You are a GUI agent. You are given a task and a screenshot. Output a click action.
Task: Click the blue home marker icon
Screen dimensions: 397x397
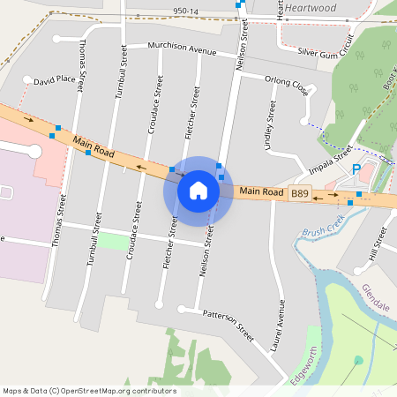pos(198,190)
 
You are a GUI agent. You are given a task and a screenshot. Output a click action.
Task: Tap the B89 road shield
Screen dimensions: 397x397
pos(301,193)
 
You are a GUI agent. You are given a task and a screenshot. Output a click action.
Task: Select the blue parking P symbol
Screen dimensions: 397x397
pos(356,169)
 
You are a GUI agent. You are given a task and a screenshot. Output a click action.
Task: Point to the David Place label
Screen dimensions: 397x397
pos(55,79)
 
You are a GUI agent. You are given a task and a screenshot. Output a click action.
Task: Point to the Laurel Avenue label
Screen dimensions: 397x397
pos(282,324)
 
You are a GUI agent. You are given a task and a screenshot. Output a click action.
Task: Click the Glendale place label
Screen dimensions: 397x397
pos(375,296)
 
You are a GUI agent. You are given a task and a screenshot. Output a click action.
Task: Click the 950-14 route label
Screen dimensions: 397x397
pos(186,11)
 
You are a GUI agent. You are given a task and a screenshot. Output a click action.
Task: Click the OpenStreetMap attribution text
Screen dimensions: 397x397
pos(88,391)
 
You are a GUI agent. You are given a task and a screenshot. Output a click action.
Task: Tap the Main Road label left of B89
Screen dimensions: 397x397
pos(261,191)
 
